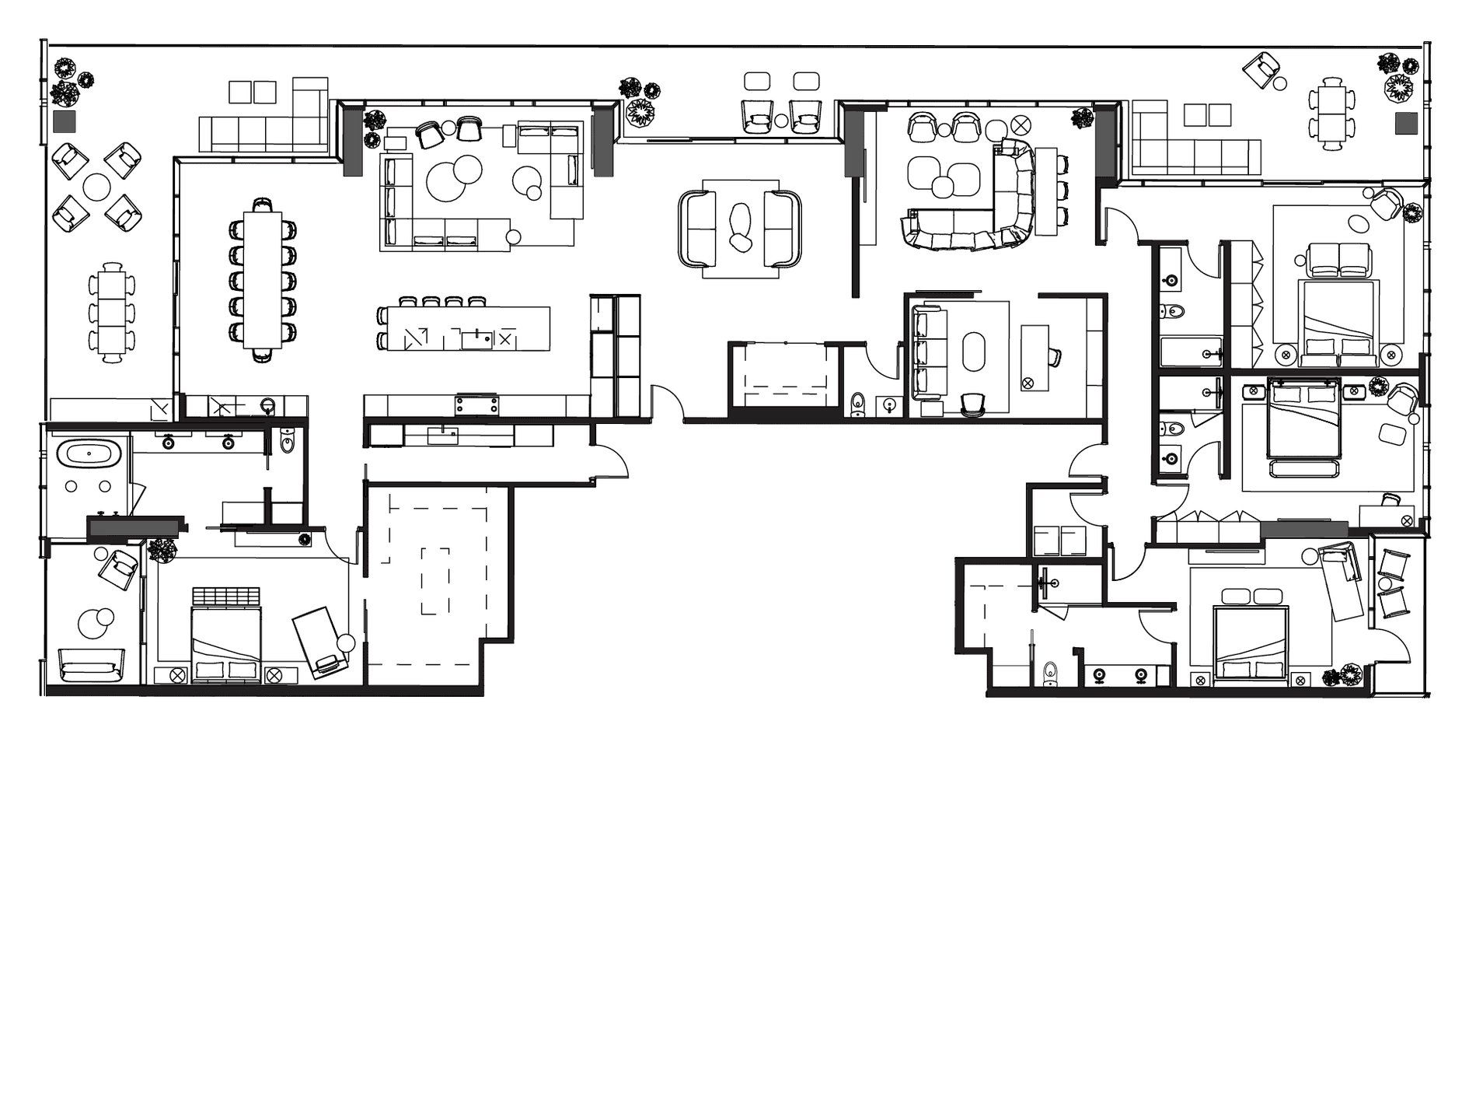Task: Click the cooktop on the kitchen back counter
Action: click(476, 404)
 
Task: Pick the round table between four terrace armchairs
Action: click(97, 187)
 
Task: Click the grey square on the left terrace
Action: click(64, 122)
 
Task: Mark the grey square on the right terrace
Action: click(1406, 123)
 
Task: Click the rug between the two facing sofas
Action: click(739, 226)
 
